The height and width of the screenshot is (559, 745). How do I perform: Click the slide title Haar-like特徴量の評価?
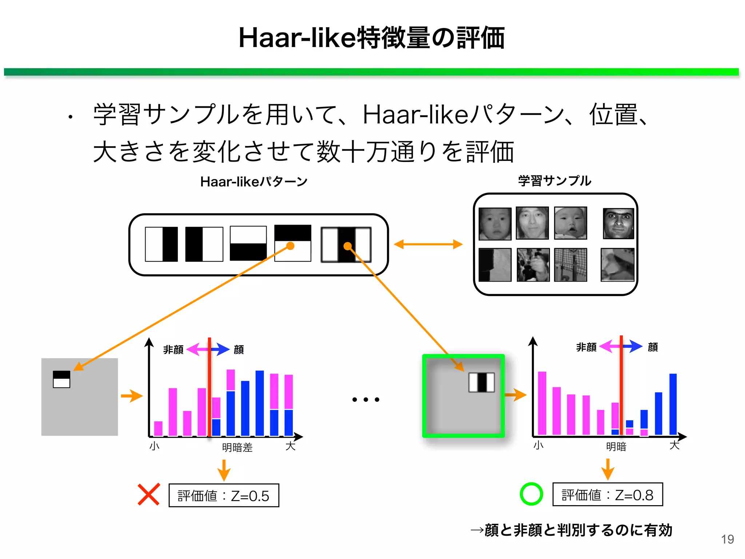(x=371, y=38)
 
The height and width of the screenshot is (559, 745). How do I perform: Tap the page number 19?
(x=727, y=539)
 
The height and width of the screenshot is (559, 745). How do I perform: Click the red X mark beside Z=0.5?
(x=148, y=494)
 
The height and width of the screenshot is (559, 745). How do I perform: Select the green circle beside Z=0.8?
(x=531, y=494)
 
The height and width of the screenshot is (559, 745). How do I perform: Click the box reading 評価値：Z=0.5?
(x=224, y=495)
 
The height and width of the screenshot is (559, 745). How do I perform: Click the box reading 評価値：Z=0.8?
(x=607, y=495)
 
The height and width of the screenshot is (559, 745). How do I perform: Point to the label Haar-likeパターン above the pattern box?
(x=254, y=181)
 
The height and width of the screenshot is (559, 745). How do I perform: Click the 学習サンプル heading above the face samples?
(x=555, y=181)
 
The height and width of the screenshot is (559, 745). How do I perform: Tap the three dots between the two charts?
(x=366, y=400)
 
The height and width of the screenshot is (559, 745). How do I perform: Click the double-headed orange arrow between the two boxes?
(x=428, y=244)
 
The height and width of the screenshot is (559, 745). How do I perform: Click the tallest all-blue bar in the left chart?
(x=259, y=403)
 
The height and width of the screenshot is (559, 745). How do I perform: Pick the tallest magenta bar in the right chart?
(x=542, y=403)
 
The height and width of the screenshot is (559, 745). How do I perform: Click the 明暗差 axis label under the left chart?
(x=237, y=447)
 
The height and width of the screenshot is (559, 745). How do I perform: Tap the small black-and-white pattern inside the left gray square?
(x=61, y=379)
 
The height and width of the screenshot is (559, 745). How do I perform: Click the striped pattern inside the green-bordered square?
(x=482, y=382)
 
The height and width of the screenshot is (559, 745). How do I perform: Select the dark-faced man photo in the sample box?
(x=618, y=223)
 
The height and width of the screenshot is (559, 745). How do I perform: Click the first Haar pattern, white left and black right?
(x=162, y=244)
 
